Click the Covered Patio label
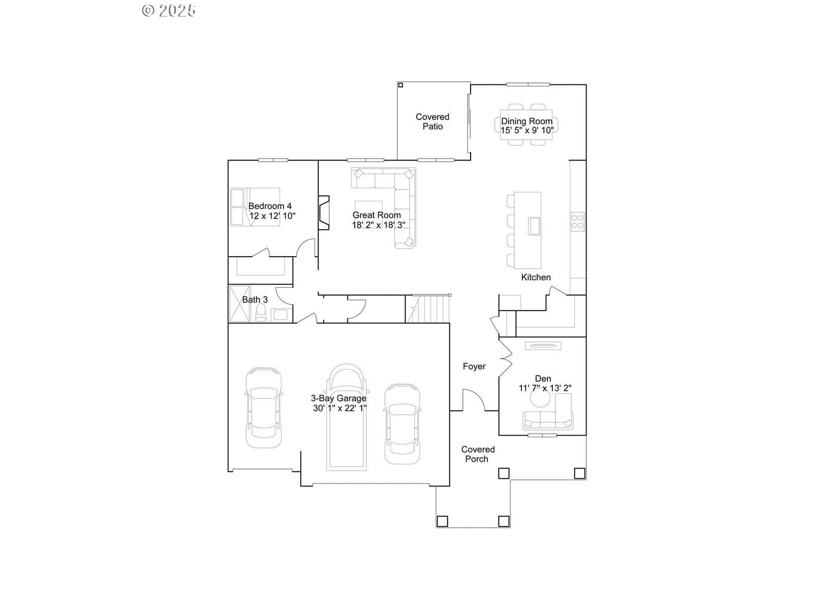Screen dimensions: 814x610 pyautogui.click(x=432, y=121)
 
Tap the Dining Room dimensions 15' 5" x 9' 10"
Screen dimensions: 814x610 pyautogui.click(x=527, y=130)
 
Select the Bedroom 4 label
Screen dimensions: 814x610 pyautogui.click(x=270, y=206)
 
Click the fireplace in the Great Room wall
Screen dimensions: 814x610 pyautogui.click(x=324, y=212)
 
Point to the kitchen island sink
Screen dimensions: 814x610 pyautogui.click(x=534, y=226)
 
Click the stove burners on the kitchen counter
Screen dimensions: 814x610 pyautogui.click(x=577, y=222)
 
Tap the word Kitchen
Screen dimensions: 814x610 pyautogui.click(x=536, y=277)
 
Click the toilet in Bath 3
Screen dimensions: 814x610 pyautogui.click(x=261, y=313)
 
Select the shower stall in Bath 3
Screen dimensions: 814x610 pyautogui.click(x=240, y=303)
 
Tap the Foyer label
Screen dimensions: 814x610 pyautogui.click(x=474, y=367)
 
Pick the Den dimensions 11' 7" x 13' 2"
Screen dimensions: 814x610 pyautogui.click(x=545, y=388)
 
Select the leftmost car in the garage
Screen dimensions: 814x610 pyautogui.click(x=264, y=407)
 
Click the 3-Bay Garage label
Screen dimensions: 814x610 pyautogui.click(x=339, y=398)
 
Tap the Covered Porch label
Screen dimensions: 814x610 pyautogui.click(x=478, y=454)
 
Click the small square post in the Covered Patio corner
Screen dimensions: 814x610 pyautogui.click(x=400, y=85)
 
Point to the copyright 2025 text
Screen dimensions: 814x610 pyautogui.click(x=169, y=10)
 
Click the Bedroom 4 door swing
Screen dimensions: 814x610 pyautogui.click(x=306, y=248)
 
